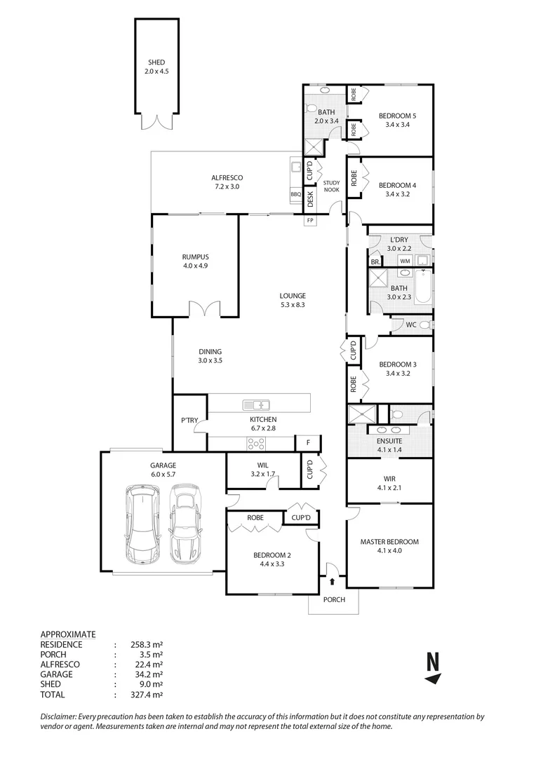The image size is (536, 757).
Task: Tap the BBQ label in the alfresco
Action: (x=295, y=194)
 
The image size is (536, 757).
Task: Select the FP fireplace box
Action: (x=309, y=221)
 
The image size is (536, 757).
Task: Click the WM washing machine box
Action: (x=405, y=261)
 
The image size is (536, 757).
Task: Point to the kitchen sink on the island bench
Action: (x=256, y=404)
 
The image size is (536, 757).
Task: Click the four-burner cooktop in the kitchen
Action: (x=256, y=443)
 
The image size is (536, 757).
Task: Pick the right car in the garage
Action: (x=185, y=524)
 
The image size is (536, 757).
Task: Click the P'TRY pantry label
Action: (x=190, y=421)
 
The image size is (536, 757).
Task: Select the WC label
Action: (x=411, y=325)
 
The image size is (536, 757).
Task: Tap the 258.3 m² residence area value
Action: (x=143, y=644)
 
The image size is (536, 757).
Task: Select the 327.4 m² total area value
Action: (x=143, y=695)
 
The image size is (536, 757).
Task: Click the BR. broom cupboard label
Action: (x=375, y=261)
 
